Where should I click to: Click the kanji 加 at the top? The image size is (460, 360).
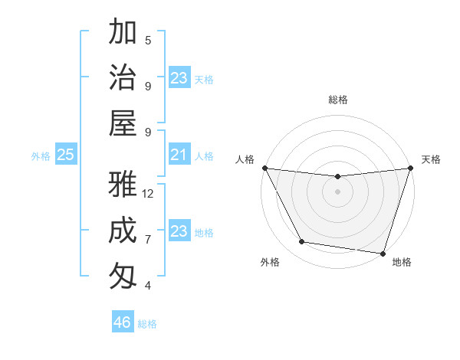123,33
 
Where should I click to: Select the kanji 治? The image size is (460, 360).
123,78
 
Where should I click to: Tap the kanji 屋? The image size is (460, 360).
123,123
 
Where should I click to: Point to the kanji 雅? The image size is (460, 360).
123,185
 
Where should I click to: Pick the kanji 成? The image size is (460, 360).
123,230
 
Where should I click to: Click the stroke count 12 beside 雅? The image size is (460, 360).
148,194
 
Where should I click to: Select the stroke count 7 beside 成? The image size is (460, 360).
148,240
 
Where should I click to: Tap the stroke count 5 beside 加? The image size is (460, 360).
148,41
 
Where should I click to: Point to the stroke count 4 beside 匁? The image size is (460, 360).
148,286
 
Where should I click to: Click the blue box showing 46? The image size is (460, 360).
123,322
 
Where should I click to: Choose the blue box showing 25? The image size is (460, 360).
65,155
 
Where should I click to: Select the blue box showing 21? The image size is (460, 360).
179,155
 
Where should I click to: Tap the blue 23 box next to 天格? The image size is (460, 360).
179,78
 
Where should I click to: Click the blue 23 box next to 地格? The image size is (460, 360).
179,231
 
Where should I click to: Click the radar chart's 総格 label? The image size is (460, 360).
337,100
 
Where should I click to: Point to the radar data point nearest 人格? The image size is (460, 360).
264,168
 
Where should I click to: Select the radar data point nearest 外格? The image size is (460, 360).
302,242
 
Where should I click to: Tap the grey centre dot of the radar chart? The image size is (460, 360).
337,191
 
